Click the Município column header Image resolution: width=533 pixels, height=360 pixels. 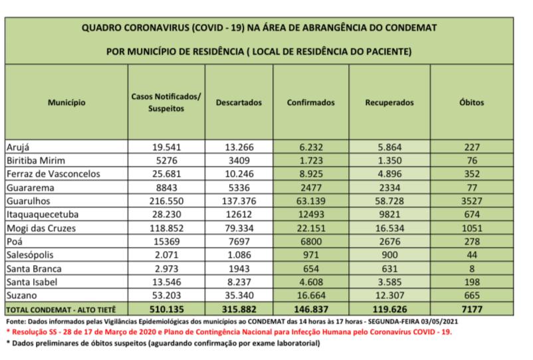66,103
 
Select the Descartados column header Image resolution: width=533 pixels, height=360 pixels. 239,103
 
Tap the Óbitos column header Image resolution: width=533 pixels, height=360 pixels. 472,103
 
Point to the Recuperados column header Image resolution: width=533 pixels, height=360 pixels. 389,103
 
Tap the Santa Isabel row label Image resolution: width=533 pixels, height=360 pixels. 31,282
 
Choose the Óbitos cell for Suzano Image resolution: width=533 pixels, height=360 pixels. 472,295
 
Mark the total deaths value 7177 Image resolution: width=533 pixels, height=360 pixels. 472,309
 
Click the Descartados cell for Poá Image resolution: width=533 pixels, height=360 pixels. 239,240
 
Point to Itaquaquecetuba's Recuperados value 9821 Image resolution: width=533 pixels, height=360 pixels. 389,214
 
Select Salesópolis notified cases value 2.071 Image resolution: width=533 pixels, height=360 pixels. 166,254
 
